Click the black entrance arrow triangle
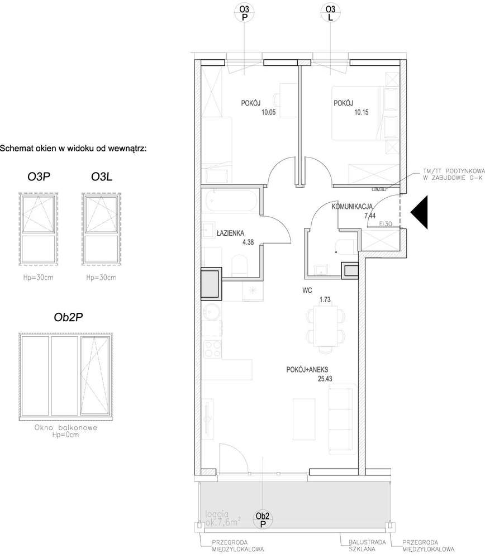point(420,212)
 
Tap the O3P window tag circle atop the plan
point(244,13)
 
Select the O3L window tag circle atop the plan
point(330,13)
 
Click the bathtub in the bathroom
point(231,201)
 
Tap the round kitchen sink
point(212,311)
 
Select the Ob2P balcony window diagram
point(66,376)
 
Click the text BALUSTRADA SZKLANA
point(363,545)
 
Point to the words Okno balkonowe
point(66,428)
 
